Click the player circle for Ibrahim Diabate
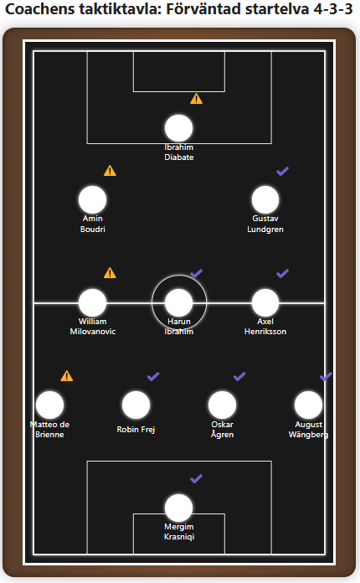pos(178,128)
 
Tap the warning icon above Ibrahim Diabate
pos(196,99)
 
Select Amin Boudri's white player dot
pos(92,200)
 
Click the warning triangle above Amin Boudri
pos(110,171)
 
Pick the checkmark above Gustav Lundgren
pos(282,172)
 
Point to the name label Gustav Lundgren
pos(265,224)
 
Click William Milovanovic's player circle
pos(92,302)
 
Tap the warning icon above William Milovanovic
pos(110,273)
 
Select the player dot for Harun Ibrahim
pos(178,302)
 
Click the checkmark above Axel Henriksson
pos(282,274)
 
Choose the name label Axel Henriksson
pos(265,327)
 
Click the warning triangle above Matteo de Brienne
pos(67,376)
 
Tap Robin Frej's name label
pos(136,430)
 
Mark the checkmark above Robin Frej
pos(153,376)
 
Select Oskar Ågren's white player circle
pos(222,405)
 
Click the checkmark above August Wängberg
pos(326,376)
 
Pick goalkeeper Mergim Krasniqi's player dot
pos(178,508)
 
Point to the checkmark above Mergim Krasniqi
pos(196,478)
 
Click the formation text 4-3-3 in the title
pos(333,9)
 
